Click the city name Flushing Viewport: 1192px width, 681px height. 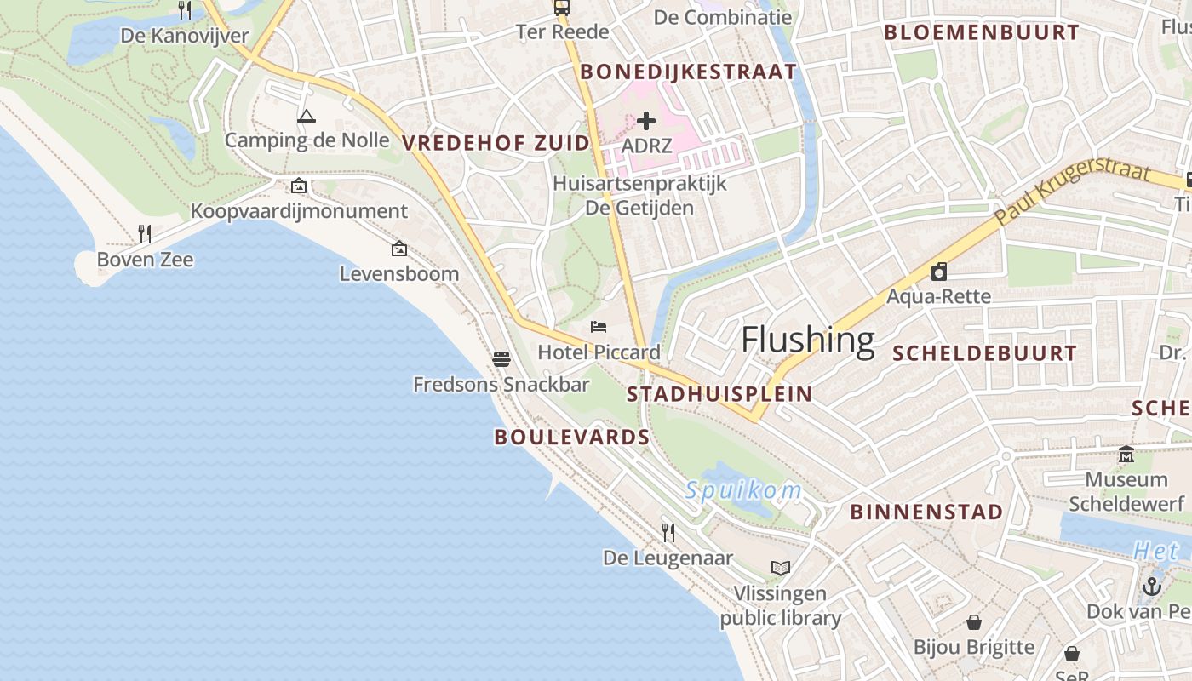click(807, 340)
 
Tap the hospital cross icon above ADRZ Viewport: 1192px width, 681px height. click(646, 121)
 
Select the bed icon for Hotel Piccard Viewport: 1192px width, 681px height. click(599, 327)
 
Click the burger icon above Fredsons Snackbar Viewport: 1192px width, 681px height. click(501, 358)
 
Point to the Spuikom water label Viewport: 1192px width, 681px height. click(743, 490)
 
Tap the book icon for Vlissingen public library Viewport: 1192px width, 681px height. click(781, 568)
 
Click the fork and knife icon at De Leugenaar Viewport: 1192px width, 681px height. click(668, 533)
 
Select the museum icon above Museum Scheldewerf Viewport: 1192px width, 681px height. click(1126, 454)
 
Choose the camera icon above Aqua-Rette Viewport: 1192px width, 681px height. click(939, 272)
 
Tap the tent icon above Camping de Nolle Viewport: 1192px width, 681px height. click(307, 116)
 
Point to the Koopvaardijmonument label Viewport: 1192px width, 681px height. click(299, 211)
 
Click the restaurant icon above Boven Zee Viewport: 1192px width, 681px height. click(145, 233)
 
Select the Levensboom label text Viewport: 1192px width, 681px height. click(398, 273)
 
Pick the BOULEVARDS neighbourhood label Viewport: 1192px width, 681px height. click(571, 438)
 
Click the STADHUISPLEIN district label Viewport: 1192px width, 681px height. click(719, 394)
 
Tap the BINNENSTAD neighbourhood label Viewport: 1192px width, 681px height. click(926, 512)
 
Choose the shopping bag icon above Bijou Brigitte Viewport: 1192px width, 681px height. click(974, 622)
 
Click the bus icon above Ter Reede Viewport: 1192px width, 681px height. click(562, 8)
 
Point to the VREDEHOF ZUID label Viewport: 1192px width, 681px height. click(496, 143)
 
